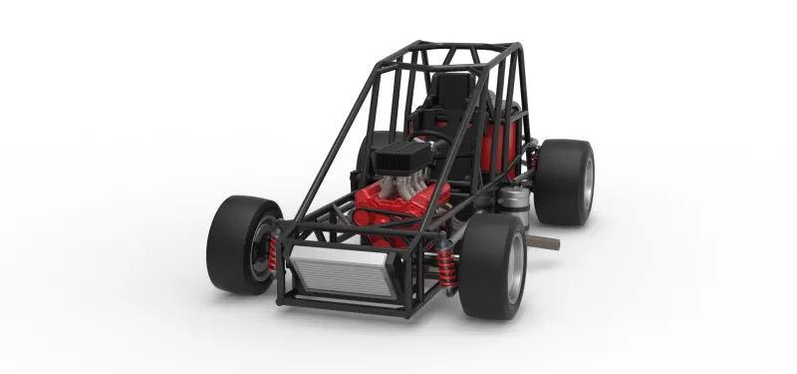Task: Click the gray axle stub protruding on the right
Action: pos(544,242)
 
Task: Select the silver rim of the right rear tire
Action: pos(588,182)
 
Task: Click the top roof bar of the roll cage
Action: pos(468,46)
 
